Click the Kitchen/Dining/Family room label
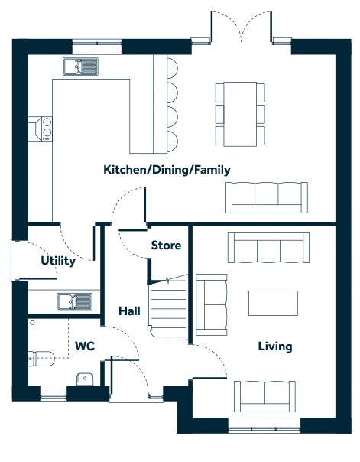tap(167, 170)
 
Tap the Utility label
tap(58, 261)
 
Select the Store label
tap(166, 245)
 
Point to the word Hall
tap(129, 311)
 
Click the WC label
tap(85, 346)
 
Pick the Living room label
tap(275, 346)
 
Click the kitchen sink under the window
tap(80, 67)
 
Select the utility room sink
tap(74, 301)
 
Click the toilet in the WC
tap(41, 358)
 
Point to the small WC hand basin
tap(85, 379)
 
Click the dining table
tap(240, 114)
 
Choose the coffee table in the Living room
tap(273, 303)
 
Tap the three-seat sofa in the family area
tap(267, 197)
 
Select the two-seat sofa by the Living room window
tap(264, 396)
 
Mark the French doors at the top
tap(242, 27)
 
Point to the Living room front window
tap(264, 426)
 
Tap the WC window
tap(54, 394)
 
